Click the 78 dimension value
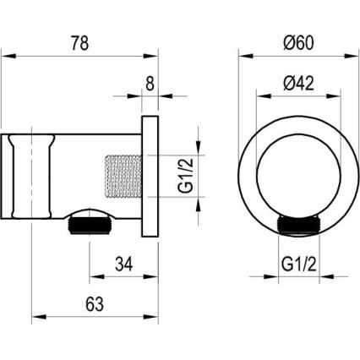(x=81, y=42)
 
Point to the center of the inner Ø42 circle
(x=290, y=172)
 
